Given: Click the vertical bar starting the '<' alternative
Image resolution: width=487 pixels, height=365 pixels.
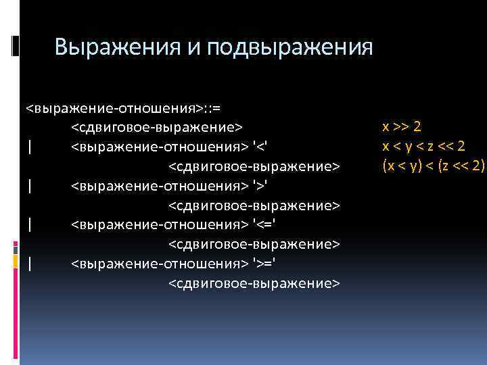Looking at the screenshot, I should (x=30, y=146).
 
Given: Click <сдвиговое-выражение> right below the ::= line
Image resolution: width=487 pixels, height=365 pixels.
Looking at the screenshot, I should (x=157, y=126).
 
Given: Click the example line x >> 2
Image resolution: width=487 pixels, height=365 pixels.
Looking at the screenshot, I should (x=402, y=126).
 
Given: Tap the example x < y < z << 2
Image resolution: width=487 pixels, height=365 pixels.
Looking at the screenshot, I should (x=423, y=146).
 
